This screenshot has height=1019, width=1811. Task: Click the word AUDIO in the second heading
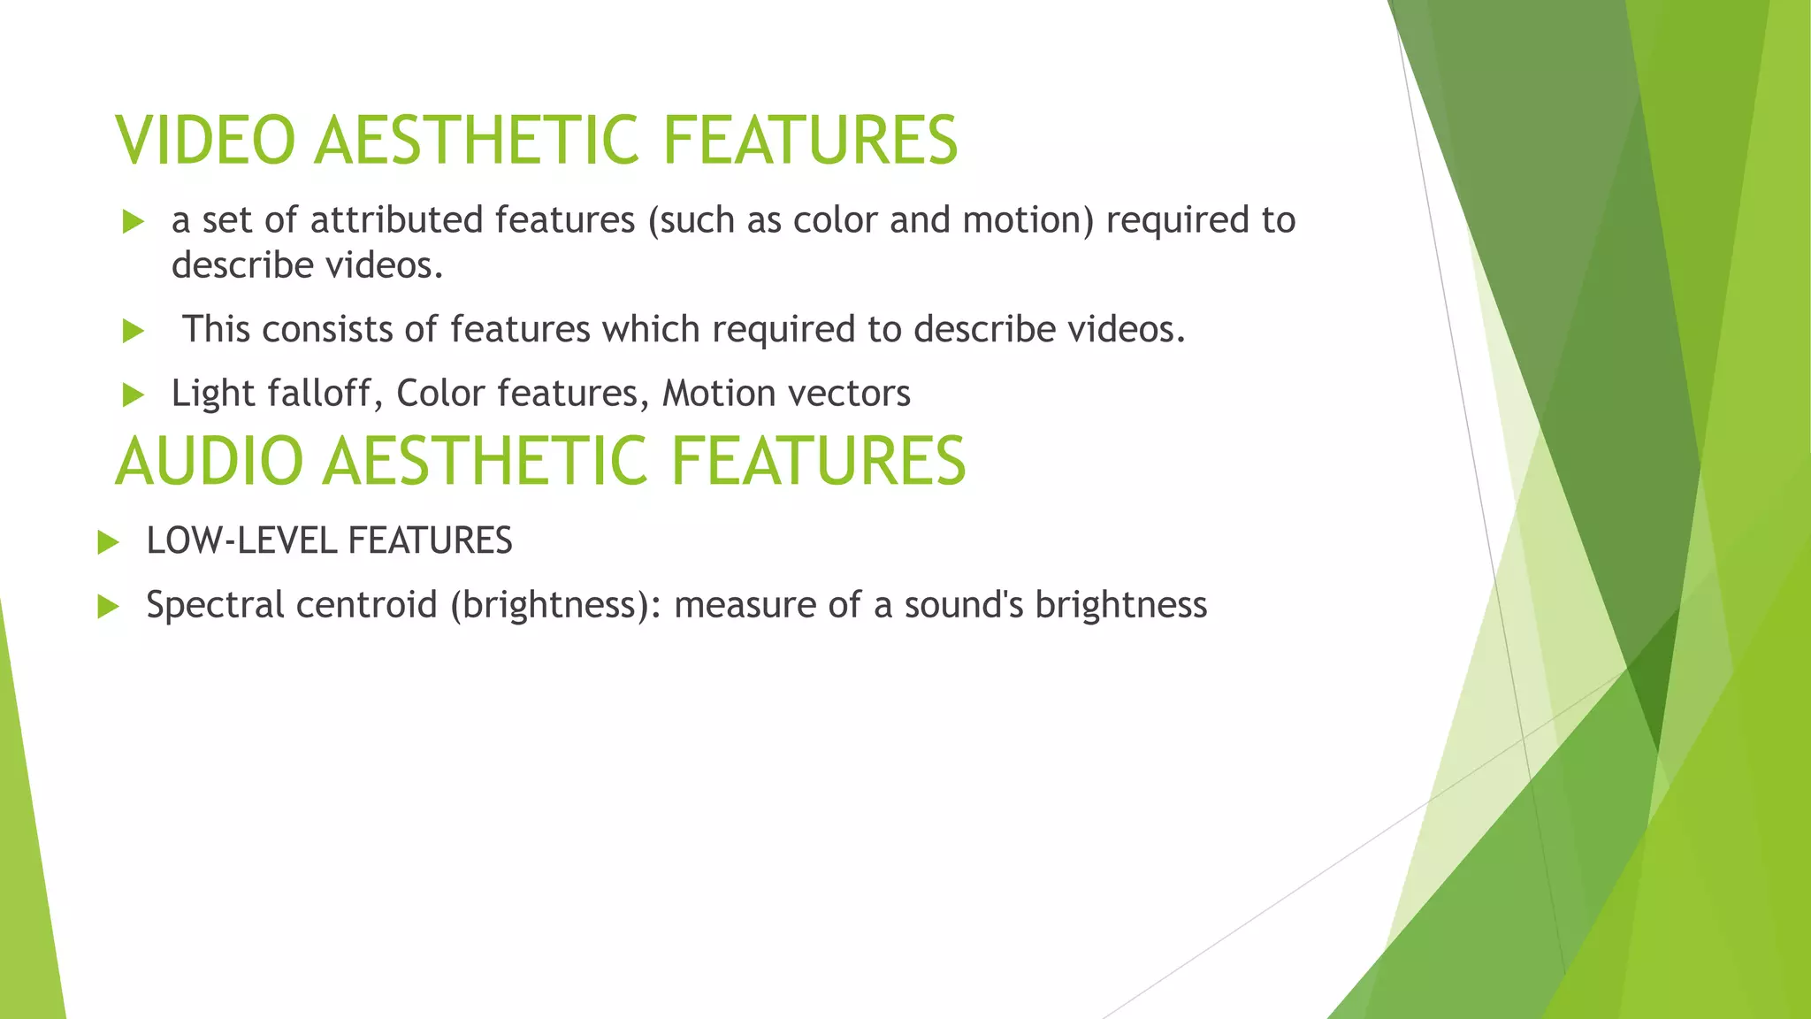209,461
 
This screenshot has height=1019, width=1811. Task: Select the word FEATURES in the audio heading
818,461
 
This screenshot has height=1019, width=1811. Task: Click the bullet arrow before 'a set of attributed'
133,221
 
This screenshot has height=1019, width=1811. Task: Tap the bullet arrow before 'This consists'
133,331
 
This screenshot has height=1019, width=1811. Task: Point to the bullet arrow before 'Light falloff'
133,395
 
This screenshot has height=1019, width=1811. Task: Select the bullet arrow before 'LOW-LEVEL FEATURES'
108,541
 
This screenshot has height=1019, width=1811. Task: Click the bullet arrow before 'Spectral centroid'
108,606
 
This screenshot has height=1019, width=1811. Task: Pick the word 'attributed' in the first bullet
397,219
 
